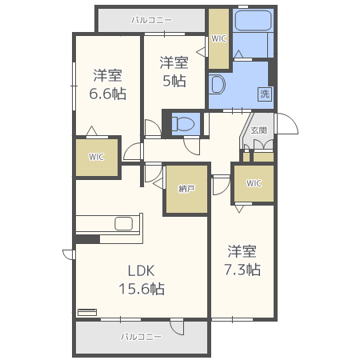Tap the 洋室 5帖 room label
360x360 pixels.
(174, 71)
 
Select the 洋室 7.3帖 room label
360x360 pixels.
(242, 259)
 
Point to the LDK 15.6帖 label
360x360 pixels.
(142, 279)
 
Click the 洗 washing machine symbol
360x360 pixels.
(263, 94)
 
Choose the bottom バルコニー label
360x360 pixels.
(141, 337)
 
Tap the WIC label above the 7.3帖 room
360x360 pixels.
(254, 183)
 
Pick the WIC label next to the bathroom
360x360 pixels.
(218, 38)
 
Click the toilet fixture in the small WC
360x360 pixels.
(183, 124)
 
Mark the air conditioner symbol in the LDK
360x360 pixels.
(86, 312)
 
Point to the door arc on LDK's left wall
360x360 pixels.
(68, 254)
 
